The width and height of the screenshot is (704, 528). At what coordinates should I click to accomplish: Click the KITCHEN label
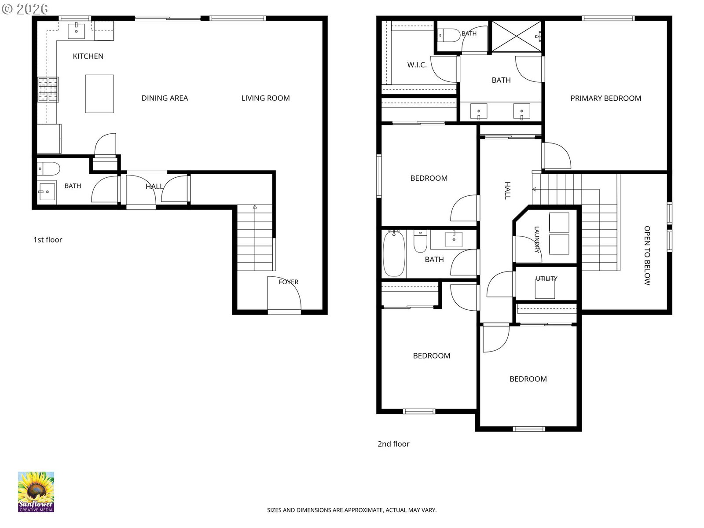[x=88, y=56]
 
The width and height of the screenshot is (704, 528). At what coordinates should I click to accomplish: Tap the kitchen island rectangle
[x=99, y=94]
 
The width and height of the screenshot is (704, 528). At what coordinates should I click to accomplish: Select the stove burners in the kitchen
[x=48, y=89]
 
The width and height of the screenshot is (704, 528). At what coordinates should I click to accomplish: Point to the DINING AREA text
[x=165, y=98]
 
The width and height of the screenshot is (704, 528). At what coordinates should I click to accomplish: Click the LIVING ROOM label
[x=265, y=98]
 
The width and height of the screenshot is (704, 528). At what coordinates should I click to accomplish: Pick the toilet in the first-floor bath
[x=49, y=169]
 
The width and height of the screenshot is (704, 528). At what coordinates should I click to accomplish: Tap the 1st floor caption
[x=48, y=240]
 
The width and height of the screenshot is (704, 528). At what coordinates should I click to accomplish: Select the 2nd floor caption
[x=393, y=444]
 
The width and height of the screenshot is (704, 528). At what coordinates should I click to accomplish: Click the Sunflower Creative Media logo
[x=36, y=492]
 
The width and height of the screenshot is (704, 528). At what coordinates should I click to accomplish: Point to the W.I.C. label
[x=417, y=65]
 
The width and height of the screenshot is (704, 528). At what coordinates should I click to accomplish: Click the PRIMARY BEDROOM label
[x=605, y=99]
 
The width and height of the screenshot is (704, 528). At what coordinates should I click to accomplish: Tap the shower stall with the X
[x=516, y=36]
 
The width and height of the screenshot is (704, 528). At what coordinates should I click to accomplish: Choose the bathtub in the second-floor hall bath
[x=394, y=253]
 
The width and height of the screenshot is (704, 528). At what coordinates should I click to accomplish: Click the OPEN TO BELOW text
[x=647, y=256]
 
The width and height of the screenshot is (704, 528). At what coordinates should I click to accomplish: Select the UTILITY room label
[x=546, y=279]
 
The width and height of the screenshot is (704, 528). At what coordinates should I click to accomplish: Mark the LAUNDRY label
[x=536, y=239]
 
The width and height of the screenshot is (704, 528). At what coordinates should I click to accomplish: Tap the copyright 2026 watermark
[x=25, y=9]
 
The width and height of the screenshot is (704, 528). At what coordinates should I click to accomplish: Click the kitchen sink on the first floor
[x=76, y=31]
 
